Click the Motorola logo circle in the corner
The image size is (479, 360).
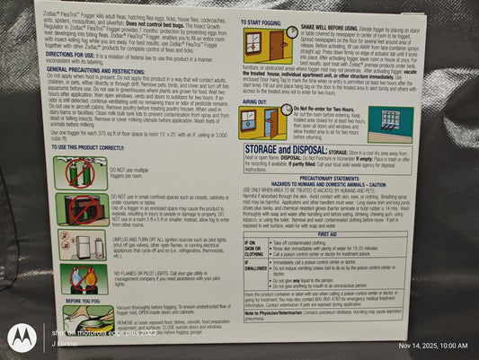coord(20,337)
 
